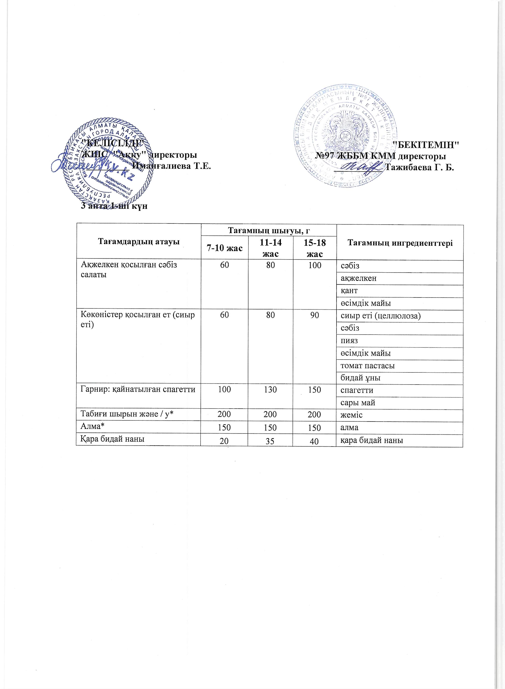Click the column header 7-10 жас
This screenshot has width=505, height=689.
tap(224, 248)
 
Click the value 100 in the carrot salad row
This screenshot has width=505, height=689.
tap(314, 265)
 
